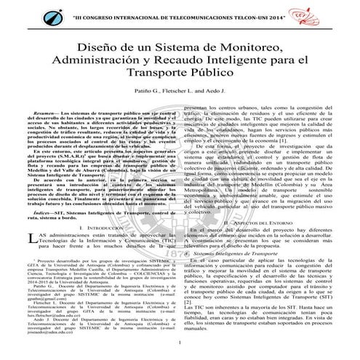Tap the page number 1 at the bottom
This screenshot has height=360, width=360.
pyautogui.click(x=180, y=341)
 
